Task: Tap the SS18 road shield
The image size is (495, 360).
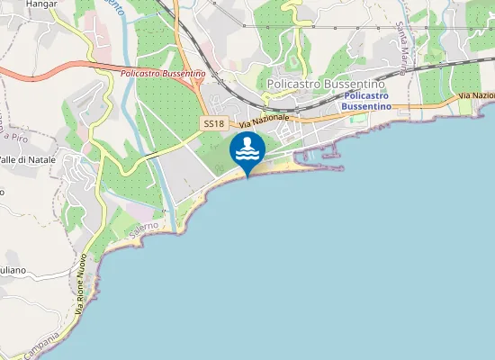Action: tap(213, 123)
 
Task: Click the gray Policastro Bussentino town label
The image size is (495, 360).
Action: tap(327, 83)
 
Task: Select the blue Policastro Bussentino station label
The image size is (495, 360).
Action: tap(365, 100)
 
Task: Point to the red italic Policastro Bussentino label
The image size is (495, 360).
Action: tap(163, 73)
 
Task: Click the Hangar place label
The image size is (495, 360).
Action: tap(41, 4)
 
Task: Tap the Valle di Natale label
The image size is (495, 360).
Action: tap(27, 159)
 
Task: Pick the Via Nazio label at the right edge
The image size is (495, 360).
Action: tap(476, 95)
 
